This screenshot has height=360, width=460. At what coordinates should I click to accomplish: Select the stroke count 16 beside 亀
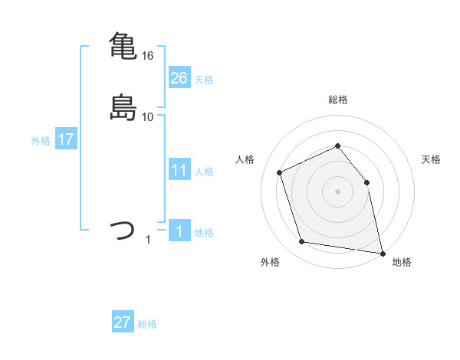(x=148, y=56)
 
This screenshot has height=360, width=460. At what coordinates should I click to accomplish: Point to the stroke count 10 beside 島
(x=148, y=117)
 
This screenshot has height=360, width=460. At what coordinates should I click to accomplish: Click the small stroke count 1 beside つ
(x=148, y=240)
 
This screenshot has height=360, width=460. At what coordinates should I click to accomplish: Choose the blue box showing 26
(x=179, y=77)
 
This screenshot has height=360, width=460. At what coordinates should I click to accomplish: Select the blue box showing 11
(x=179, y=170)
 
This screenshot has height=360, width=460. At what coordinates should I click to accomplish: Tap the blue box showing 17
(x=65, y=139)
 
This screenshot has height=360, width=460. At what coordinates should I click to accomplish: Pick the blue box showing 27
(x=123, y=322)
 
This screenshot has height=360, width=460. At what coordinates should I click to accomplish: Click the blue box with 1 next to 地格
(x=179, y=231)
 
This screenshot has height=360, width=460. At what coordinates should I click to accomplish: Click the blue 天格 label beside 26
(x=204, y=80)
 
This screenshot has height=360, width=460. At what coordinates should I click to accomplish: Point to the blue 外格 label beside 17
(x=41, y=141)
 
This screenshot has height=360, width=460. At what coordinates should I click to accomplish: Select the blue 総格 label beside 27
(x=147, y=324)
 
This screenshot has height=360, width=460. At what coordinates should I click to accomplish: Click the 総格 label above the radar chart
(x=337, y=100)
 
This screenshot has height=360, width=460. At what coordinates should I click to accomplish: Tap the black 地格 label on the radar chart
(x=402, y=263)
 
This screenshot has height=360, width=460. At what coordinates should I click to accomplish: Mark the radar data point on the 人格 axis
(x=280, y=172)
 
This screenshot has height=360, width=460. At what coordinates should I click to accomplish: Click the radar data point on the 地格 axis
(x=382, y=252)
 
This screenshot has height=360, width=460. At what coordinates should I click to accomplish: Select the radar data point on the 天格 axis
(x=366, y=182)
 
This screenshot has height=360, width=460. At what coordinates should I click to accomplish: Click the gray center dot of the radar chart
(x=337, y=191)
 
